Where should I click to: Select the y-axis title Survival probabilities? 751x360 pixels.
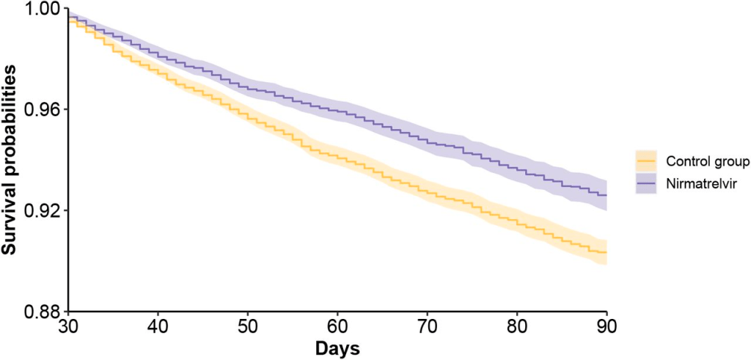10,160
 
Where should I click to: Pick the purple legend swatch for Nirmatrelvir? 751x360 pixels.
645,180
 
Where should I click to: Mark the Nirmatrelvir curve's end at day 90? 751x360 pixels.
607,195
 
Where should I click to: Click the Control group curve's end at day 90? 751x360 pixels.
607,252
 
